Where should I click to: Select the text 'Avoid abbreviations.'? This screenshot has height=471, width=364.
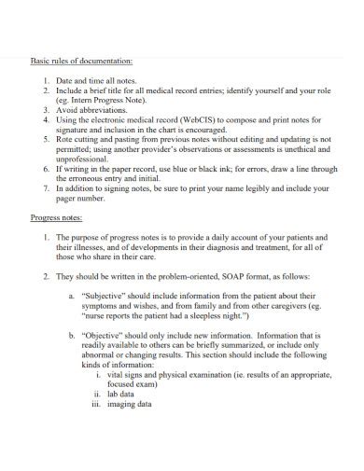coord(93,109)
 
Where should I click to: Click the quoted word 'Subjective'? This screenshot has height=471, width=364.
coord(106,295)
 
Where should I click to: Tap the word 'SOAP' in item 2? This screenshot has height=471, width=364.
coord(190,277)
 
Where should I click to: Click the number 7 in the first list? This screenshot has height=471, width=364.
coord(46,188)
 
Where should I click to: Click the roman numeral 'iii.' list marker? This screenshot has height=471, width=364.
coord(95,406)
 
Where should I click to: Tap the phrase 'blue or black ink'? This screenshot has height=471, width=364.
coord(206,169)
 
